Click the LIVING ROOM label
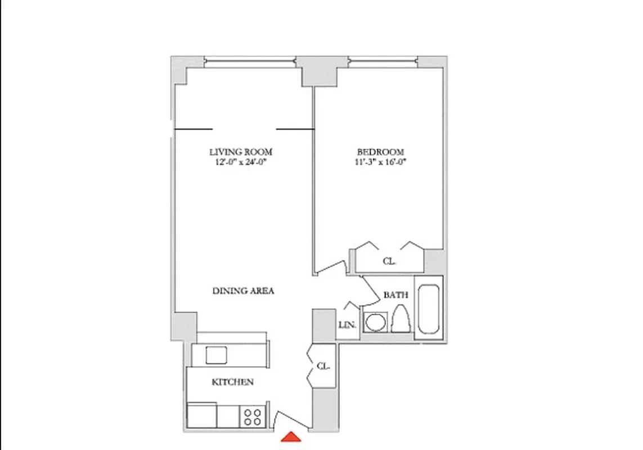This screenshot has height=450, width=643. click(241, 152)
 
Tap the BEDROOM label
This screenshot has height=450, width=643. click(380, 152)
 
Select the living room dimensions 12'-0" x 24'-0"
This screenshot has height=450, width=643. click(241, 163)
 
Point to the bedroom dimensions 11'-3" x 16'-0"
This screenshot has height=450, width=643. click(380, 163)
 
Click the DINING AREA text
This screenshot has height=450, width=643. click(243, 291)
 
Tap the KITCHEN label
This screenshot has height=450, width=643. click(232, 382)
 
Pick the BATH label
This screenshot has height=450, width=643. click(395, 295)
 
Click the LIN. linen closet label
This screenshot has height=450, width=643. click(346, 325)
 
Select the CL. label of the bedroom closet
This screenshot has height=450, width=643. click(389, 261)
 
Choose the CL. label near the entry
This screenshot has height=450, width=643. click(322, 366)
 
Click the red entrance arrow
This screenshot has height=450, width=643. click(291, 437)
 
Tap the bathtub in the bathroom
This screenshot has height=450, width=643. click(429, 307)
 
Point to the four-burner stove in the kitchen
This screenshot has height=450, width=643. click(253, 417)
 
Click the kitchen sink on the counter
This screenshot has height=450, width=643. click(216, 355)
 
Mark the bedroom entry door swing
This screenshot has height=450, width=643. click(332, 267)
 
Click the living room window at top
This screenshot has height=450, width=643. click(249, 61)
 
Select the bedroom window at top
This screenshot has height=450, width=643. click(384, 61)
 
